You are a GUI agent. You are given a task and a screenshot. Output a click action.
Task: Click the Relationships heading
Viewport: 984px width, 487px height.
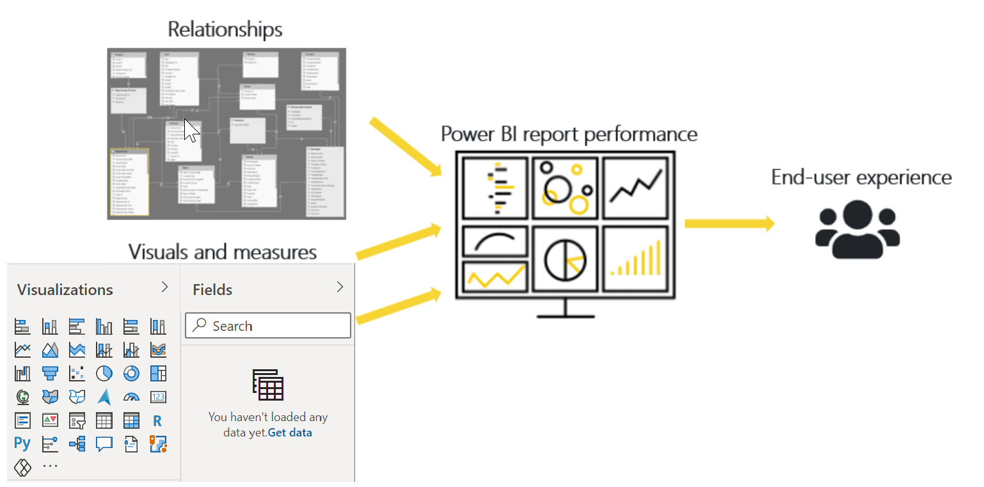click(225, 29)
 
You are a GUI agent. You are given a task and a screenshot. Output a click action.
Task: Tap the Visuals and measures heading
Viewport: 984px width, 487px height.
click(223, 251)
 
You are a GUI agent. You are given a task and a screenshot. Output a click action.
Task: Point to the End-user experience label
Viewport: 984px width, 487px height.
click(861, 177)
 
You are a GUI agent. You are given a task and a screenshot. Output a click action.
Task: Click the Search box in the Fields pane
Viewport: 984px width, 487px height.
click(268, 326)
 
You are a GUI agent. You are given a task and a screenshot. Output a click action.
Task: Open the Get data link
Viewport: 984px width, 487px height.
click(290, 433)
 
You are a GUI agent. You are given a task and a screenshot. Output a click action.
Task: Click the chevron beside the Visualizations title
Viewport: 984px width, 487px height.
click(164, 287)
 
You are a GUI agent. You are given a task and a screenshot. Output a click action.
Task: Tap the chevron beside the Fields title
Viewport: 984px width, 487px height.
click(340, 287)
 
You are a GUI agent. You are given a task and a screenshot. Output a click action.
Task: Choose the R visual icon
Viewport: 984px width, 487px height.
click(157, 421)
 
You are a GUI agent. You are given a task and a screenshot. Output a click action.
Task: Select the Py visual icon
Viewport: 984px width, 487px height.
click(22, 443)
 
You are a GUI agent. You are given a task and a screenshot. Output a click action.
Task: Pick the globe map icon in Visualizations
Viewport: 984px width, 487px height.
click(22, 397)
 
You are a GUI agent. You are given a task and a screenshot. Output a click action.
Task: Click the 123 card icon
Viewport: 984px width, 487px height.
click(157, 397)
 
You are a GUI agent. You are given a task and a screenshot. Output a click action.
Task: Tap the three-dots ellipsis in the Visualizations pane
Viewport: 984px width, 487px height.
click(50, 467)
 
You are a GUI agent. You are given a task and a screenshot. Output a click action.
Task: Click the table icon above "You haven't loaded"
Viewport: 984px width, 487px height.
click(268, 385)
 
